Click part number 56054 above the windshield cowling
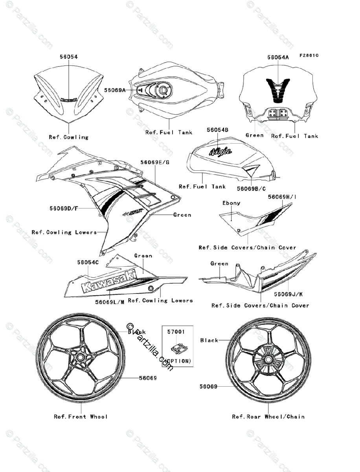(68, 57)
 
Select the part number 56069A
(115, 90)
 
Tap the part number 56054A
(278, 57)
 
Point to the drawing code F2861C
(309, 55)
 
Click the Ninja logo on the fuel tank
(220, 151)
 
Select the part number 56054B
(218, 129)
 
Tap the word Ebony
(231, 203)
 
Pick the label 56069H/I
(281, 196)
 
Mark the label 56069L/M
(110, 302)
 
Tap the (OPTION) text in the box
(178, 360)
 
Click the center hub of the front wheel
(80, 357)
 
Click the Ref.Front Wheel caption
(81, 417)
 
